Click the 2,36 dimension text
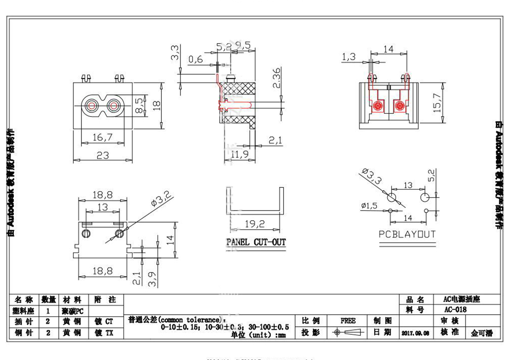click(x=276, y=79)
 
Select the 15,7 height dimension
click(x=437, y=105)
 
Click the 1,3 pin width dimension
click(x=348, y=57)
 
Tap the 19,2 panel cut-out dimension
click(x=254, y=224)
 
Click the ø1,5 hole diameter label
click(x=368, y=205)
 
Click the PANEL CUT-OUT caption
click(x=256, y=242)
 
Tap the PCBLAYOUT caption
click(x=407, y=234)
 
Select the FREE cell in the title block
click(x=348, y=321)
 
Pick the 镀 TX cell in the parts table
click(x=104, y=333)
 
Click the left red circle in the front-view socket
click(x=91, y=106)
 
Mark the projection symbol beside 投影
click(x=348, y=333)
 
